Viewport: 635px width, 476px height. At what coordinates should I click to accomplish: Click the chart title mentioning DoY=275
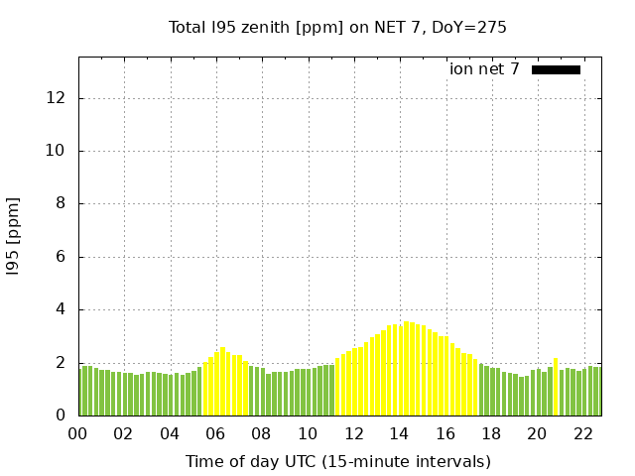337,27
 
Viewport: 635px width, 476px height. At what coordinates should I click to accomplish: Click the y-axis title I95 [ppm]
14,236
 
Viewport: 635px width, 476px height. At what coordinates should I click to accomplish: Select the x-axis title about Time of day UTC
337,461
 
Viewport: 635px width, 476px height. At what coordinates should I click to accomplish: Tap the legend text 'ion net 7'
484,69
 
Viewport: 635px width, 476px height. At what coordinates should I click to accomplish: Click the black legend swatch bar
556,69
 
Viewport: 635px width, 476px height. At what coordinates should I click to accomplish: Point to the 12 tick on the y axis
56,98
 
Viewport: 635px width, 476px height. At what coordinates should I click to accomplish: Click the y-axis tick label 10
56,151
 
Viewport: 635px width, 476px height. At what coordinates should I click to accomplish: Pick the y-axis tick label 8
61,203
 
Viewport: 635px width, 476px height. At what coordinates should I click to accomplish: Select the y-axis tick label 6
61,257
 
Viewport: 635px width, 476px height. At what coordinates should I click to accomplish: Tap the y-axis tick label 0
61,415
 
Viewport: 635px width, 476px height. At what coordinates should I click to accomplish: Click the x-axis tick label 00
77,433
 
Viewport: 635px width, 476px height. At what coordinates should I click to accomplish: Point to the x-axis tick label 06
215,433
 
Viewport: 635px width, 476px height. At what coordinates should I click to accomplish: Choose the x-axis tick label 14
399,433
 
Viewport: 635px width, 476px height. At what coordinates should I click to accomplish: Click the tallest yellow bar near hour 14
406,369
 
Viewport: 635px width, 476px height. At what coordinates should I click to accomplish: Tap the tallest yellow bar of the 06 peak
222,382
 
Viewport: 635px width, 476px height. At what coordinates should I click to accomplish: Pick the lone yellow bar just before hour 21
556,387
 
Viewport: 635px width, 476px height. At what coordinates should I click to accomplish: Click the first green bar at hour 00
81,391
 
